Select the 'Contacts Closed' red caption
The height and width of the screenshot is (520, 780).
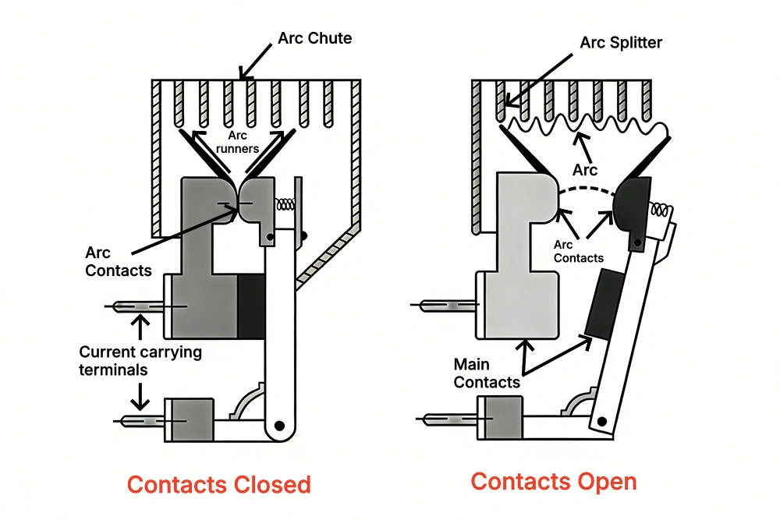[x=218, y=484]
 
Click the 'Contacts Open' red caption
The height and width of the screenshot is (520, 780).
[x=554, y=481]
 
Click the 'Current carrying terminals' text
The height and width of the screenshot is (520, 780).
[x=140, y=360]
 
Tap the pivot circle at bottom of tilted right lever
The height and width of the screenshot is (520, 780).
[x=601, y=421]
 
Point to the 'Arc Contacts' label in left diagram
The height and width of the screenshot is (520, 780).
[x=109, y=261]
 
